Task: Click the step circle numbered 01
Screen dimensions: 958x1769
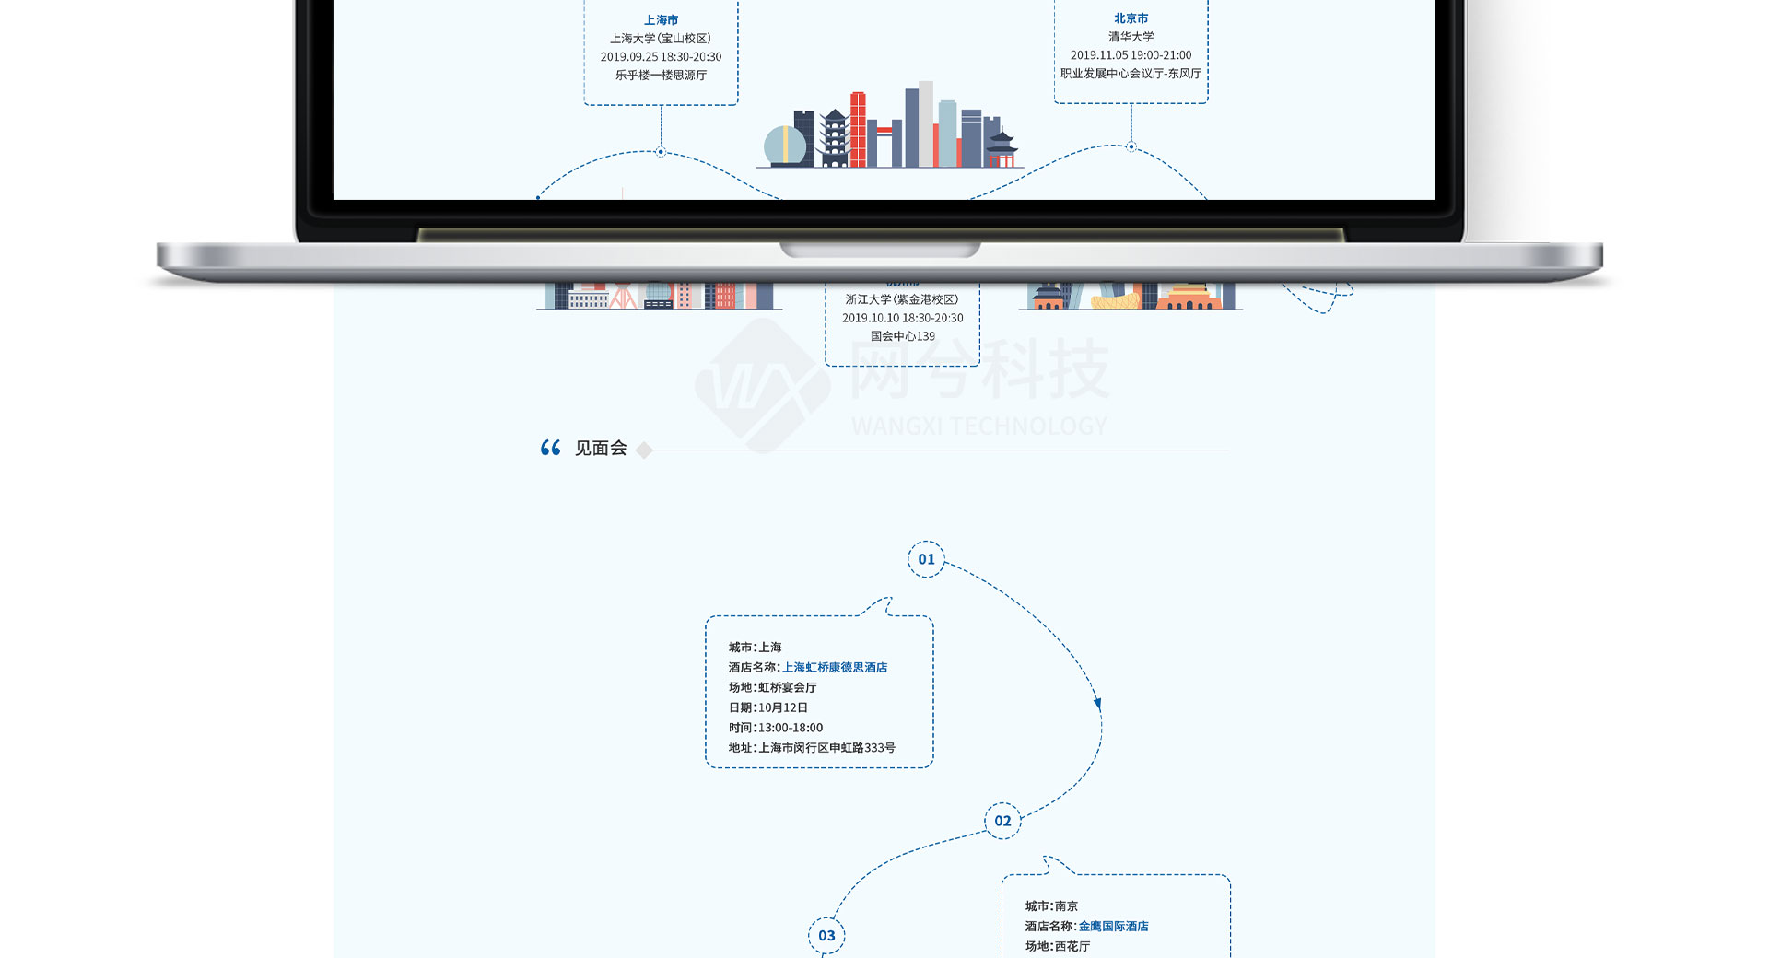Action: click(926, 559)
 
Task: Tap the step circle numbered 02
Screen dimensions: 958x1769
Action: click(1002, 821)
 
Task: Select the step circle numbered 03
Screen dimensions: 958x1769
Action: click(826, 936)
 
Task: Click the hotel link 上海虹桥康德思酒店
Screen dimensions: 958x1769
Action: click(835, 667)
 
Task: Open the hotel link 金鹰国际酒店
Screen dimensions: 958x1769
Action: click(1113, 926)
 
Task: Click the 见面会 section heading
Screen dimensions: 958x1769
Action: click(601, 449)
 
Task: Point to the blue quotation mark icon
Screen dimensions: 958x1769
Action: click(550, 448)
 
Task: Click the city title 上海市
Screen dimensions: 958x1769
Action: click(661, 19)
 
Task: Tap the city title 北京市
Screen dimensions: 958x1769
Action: click(1131, 18)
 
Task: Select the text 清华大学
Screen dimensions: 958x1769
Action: click(1131, 37)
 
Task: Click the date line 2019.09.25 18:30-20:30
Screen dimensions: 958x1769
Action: click(661, 56)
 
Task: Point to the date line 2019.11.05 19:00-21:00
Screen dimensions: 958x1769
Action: click(1131, 55)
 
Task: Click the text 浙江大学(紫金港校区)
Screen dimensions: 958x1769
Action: click(902, 299)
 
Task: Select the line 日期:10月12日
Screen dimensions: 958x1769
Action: click(768, 707)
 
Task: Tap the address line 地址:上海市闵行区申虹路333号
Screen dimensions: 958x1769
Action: click(812, 747)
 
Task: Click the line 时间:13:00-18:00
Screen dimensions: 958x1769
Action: click(776, 728)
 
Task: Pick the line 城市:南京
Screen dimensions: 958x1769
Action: click(1051, 905)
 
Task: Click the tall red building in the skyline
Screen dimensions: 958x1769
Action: click(858, 130)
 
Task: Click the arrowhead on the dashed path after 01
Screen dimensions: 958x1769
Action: click(1097, 704)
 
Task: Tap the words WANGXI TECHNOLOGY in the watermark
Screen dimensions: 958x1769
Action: click(978, 426)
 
